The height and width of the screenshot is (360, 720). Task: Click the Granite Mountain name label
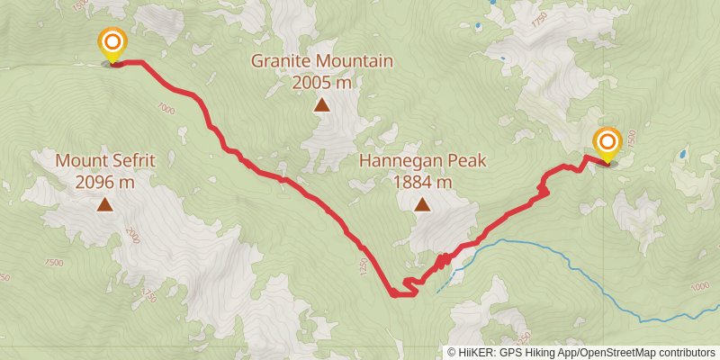point(321,61)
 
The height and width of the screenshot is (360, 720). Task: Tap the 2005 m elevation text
point(321,82)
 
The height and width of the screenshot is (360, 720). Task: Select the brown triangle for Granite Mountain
point(321,104)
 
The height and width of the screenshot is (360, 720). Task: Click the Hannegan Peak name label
point(422,161)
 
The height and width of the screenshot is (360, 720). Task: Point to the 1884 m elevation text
point(422,182)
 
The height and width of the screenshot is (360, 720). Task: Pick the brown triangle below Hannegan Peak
point(422,204)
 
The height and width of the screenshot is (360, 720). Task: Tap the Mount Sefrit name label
point(105,161)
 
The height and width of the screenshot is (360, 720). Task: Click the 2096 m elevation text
point(105,182)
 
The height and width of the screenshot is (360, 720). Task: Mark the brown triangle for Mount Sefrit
point(105,204)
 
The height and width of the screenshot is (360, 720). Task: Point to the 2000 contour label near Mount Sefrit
point(134,236)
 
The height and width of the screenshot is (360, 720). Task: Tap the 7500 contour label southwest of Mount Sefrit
point(53,262)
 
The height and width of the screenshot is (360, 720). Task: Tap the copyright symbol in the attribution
point(451,353)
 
